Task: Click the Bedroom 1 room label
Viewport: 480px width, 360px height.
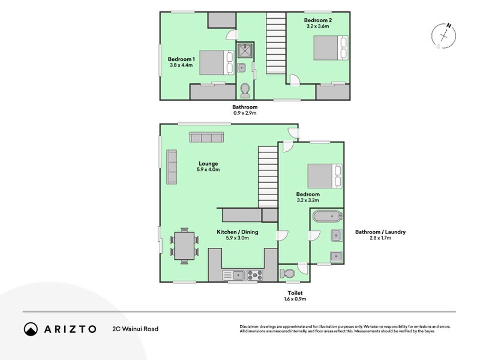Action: [x=181, y=59]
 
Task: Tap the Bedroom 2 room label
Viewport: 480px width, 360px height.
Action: [x=319, y=20]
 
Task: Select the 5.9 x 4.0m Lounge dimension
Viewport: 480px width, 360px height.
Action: [x=208, y=170]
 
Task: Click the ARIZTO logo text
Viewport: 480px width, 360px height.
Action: [x=68, y=329]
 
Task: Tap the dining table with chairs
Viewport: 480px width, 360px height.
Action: [x=184, y=245]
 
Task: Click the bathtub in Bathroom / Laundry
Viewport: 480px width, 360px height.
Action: [x=327, y=217]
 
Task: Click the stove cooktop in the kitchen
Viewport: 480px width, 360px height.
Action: [x=255, y=275]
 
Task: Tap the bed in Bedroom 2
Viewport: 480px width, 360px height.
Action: [x=329, y=47]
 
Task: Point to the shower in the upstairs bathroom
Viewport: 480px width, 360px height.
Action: [x=246, y=50]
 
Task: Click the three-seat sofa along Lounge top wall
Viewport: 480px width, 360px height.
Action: [x=206, y=137]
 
